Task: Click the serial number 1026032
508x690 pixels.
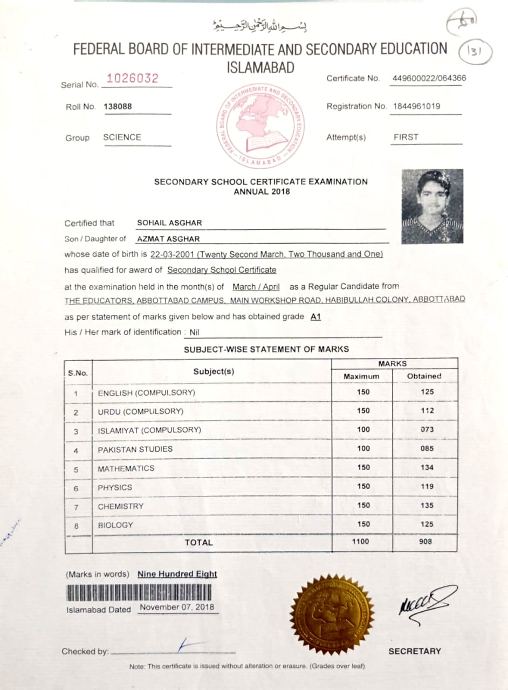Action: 132,79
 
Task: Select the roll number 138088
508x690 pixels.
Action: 118,107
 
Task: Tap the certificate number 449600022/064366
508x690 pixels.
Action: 429,78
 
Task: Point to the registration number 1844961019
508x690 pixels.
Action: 416,106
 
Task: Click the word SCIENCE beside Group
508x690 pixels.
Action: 122,137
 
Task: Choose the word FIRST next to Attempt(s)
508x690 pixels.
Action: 406,137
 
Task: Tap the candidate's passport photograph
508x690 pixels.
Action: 432,206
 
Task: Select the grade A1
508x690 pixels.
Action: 315,317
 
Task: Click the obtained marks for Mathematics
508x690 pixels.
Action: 427,467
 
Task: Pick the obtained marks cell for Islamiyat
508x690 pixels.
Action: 427,430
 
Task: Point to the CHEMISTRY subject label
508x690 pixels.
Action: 120,506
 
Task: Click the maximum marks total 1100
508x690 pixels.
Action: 360,542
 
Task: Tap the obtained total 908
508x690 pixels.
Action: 425,542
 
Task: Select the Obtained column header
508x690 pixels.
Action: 424,376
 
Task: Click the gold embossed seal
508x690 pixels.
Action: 332,613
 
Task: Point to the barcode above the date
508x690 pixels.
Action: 139,592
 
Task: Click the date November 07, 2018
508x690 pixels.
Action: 176,607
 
